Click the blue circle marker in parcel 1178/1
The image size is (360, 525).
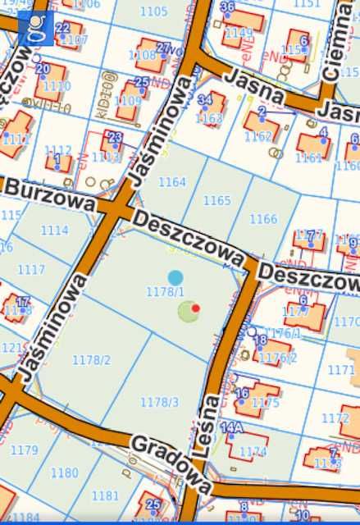175,278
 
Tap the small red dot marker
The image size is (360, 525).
196,308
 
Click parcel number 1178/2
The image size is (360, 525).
91,359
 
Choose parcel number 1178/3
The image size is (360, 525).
159,402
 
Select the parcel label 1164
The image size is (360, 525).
172,182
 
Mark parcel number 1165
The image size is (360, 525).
217,200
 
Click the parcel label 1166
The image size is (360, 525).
263,219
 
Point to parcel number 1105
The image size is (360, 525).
153,11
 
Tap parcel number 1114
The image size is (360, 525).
54,231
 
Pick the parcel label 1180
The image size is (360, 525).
64,473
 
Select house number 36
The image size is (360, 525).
228,7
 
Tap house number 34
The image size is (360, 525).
205,99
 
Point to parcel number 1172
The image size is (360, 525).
335,418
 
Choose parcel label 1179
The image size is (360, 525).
24,450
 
